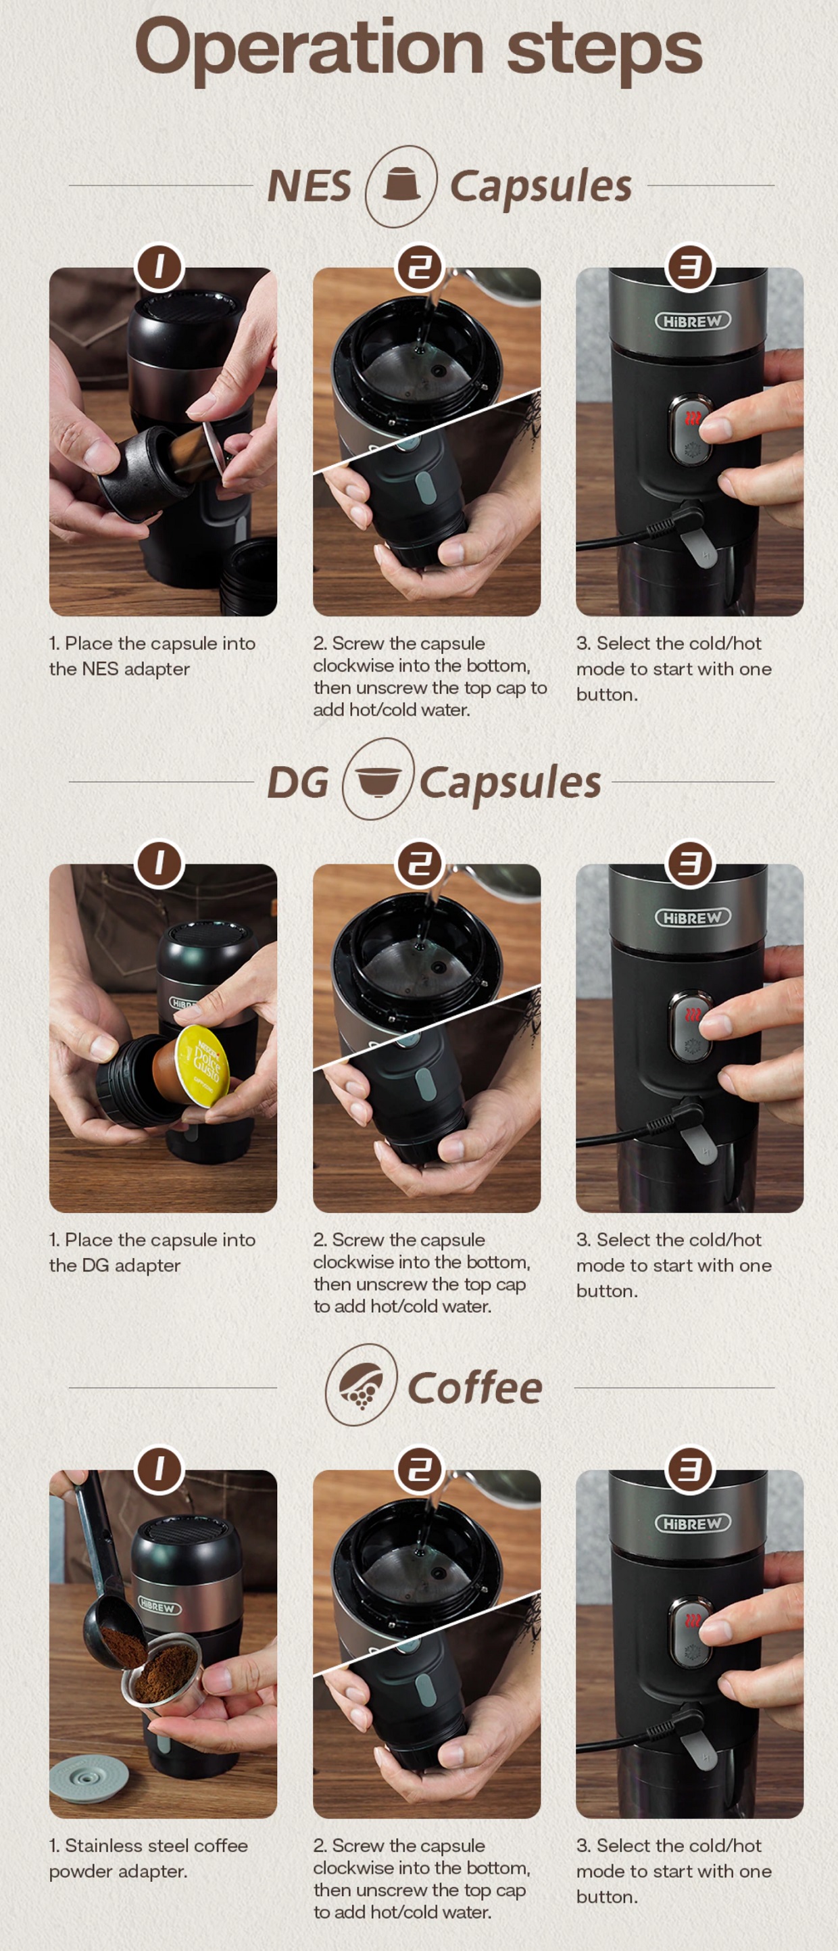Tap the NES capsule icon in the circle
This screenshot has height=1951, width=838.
401,185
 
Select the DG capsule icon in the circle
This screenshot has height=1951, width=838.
378,780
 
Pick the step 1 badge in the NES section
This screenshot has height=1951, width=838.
159,266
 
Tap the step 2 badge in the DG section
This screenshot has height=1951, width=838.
420,863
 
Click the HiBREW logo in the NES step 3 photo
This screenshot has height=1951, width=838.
693,320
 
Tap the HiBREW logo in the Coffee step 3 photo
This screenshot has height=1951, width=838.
693,1523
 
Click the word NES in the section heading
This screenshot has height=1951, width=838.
310,187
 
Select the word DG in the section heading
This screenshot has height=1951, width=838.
298,783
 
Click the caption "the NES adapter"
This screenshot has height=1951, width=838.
120,669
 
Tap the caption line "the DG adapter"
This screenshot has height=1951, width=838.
115,1265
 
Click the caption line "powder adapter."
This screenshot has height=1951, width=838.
118,1871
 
